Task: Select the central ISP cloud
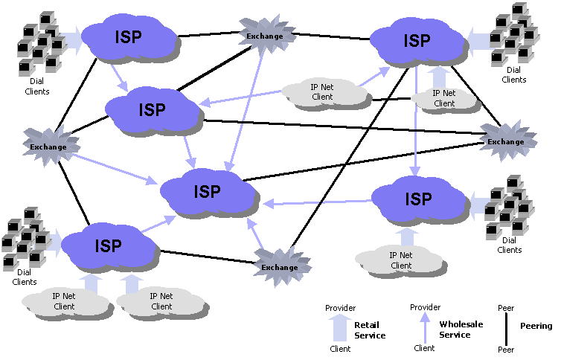tap(208, 190)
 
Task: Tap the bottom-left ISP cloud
tap(109, 245)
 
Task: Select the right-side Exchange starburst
tap(506, 141)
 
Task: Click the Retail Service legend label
tap(370, 330)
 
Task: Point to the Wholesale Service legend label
tap(462, 330)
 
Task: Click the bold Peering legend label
tap(536, 326)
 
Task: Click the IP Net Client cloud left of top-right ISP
tap(322, 92)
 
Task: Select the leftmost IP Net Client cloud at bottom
tap(64, 301)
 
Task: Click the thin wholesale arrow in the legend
tap(425, 327)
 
